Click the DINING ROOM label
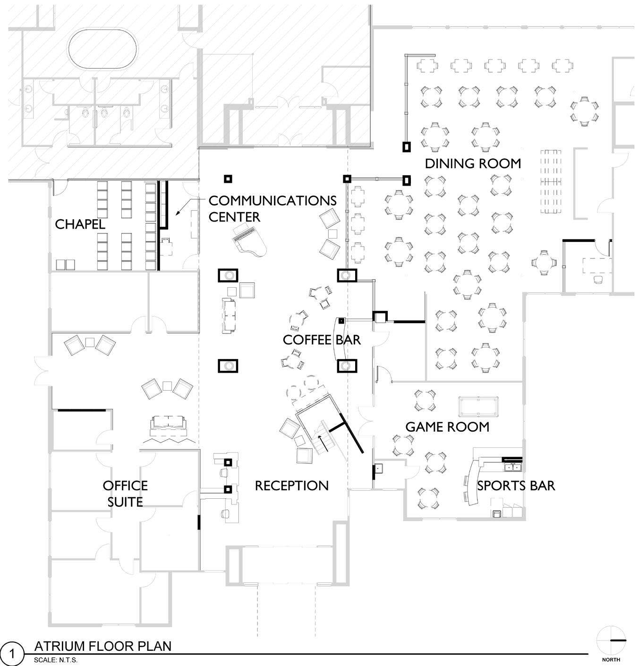pyautogui.click(x=473, y=163)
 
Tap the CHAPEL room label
pyautogui.click(x=80, y=224)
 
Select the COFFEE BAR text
pyautogui.click(x=322, y=340)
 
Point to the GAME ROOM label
pyautogui.click(x=447, y=427)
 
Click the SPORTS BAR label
pyautogui.click(x=516, y=486)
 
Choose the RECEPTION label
pyautogui.click(x=291, y=486)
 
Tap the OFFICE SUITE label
pyautogui.click(x=125, y=494)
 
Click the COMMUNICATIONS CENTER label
pyautogui.click(x=272, y=208)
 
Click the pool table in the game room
pyautogui.click(x=479, y=407)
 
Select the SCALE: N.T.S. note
pyautogui.click(x=56, y=660)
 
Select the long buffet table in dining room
pyautogui.click(x=551, y=181)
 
